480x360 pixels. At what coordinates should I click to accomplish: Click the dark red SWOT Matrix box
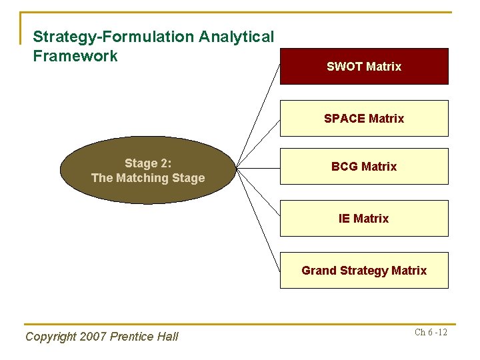[x=364, y=66]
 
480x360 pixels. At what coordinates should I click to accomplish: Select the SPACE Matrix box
[x=364, y=118]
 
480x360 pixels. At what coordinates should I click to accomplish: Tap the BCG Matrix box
[x=364, y=166]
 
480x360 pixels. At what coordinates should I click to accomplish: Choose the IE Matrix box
[x=364, y=218]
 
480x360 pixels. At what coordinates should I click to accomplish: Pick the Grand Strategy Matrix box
[x=364, y=270]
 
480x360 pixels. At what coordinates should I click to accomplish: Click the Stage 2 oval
[x=148, y=170]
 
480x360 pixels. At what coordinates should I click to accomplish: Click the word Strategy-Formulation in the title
[x=99, y=37]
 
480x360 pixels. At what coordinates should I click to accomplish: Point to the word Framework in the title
[x=75, y=56]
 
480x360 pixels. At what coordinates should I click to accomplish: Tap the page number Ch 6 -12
[x=431, y=333]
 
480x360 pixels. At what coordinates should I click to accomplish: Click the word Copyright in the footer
[x=51, y=337]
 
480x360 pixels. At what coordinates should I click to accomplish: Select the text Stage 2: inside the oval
[x=148, y=163]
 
